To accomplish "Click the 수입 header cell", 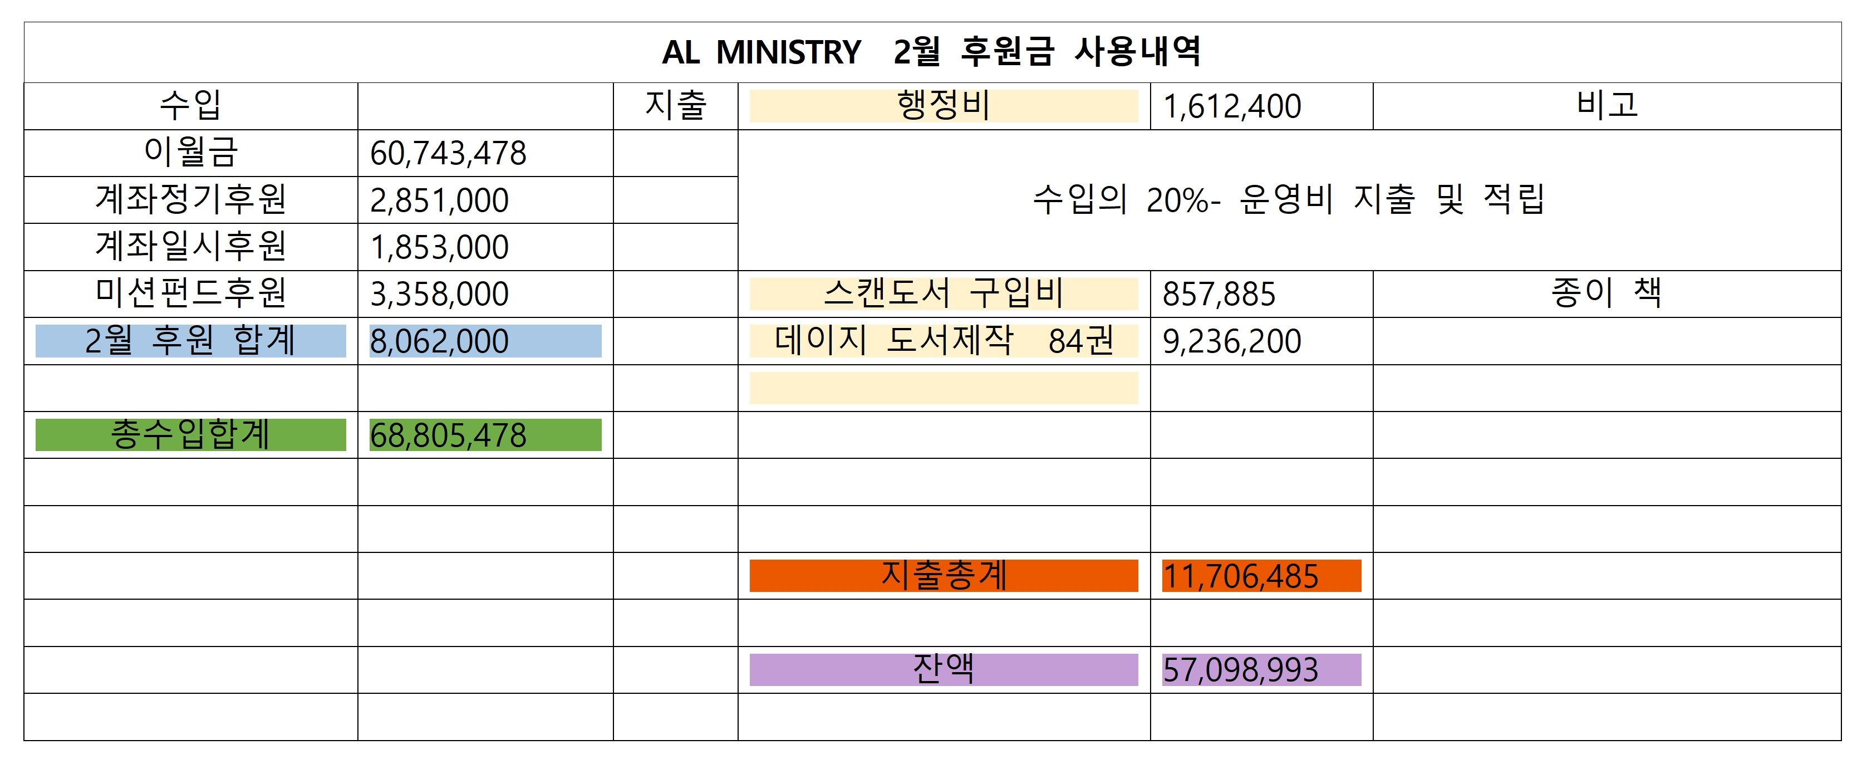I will pos(190,106).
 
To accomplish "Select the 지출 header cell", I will pos(675,106).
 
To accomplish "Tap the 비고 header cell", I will pos(1606,106).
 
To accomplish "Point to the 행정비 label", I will pos(944,106).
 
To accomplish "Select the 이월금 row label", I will pos(190,153).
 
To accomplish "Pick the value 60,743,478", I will pos(448,153).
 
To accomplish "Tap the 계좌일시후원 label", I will pos(191,247).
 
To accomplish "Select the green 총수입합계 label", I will pos(190,434).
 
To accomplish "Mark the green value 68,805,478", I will pos(448,435).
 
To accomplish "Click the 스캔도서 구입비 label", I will pos(944,293).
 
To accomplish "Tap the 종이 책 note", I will pos(1606,293).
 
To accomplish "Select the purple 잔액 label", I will pos(944,669).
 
